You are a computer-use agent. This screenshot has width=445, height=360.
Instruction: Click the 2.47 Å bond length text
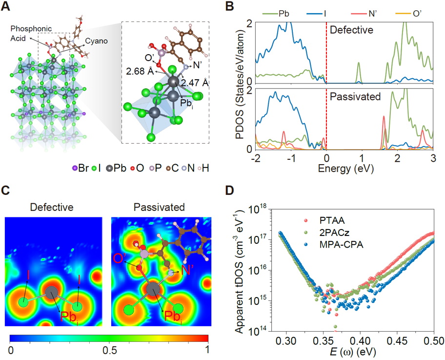pos(198,83)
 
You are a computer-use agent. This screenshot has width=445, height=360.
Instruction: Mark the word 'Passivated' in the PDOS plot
pos(355,97)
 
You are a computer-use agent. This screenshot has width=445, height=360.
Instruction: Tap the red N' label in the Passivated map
pos(187,268)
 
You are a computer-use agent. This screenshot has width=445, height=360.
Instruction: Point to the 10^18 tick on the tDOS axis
pos(264,209)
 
